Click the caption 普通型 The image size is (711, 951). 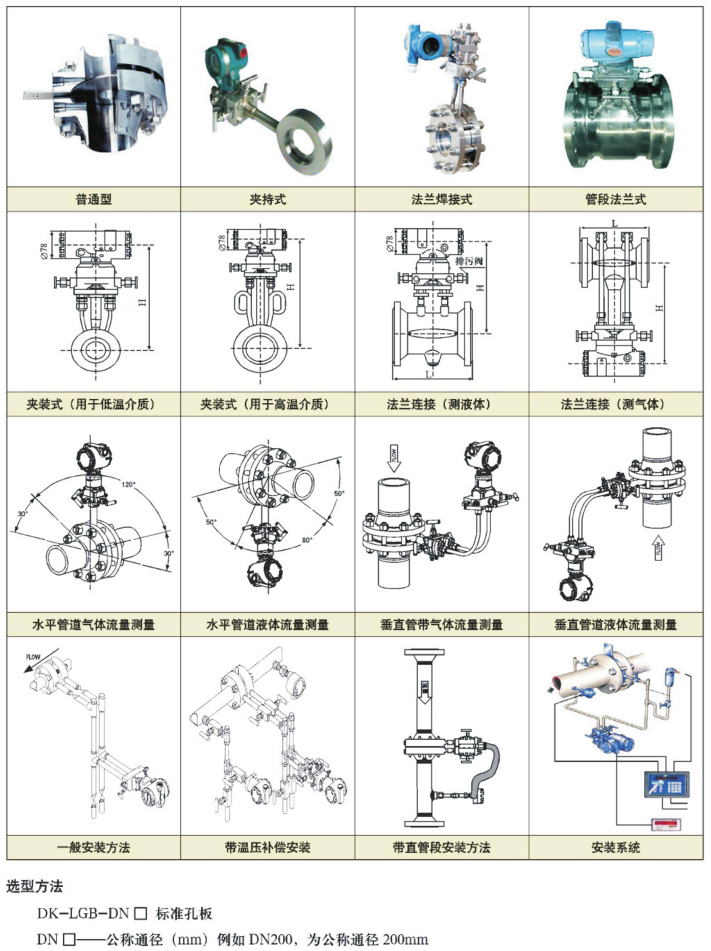93,200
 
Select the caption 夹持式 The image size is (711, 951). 267,200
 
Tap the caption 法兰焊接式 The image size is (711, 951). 442,200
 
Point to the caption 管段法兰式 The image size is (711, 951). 616,200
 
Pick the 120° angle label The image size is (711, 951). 128,485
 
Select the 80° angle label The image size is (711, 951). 307,539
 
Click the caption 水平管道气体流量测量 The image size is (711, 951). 93,625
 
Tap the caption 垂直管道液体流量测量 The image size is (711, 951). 616,625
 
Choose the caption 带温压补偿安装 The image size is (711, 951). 267,848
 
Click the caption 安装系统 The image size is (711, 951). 616,848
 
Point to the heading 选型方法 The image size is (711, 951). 34,886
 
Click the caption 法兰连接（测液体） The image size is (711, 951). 442,405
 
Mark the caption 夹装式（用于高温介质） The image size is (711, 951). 267,405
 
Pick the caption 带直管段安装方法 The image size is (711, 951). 442,848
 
